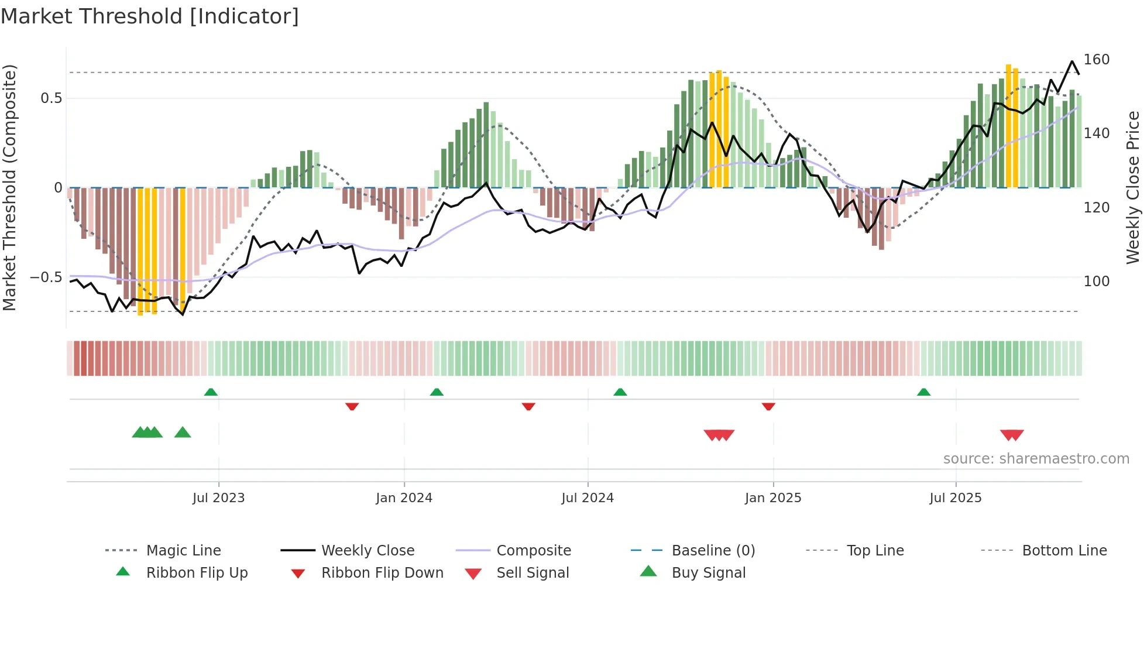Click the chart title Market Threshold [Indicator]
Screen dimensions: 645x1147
click(x=150, y=16)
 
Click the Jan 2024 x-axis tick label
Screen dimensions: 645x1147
click(x=404, y=498)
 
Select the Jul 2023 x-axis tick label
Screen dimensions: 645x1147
click(x=218, y=498)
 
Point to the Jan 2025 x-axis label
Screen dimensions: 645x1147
click(x=773, y=498)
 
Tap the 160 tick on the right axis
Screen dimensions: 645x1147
click(x=1096, y=60)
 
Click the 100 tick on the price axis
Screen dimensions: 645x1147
click(x=1096, y=282)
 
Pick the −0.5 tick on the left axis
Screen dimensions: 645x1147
click(x=46, y=277)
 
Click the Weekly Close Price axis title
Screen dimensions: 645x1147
click(x=1133, y=187)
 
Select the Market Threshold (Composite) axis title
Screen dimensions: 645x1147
click(x=9, y=187)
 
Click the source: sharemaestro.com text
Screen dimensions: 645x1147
click(x=1036, y=459)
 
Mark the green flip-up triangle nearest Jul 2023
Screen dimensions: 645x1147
click(x=211, y=392)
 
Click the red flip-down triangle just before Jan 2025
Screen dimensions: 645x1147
click(x=768, y=406)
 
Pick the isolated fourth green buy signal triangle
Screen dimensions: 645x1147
click(x=183, y=433)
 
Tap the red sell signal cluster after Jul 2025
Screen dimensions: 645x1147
click(x=1012, y=435)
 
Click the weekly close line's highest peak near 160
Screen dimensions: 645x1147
click(x=1072, y=61)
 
